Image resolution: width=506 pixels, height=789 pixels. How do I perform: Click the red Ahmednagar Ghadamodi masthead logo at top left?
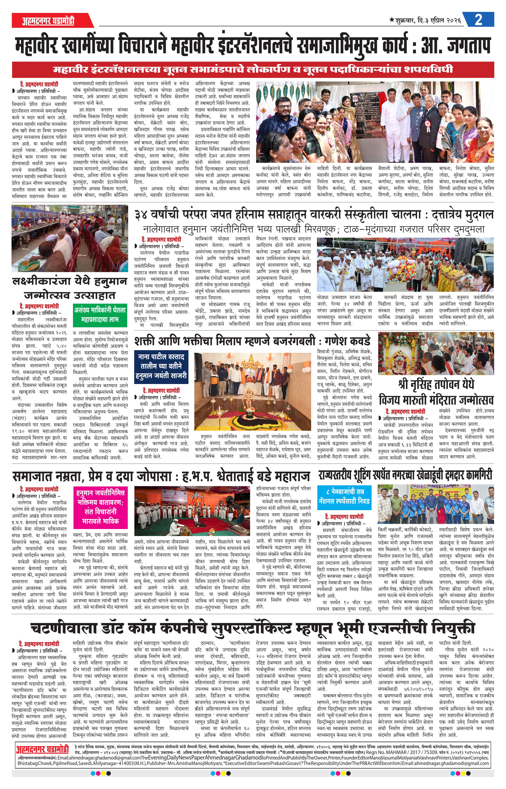click(49, 21)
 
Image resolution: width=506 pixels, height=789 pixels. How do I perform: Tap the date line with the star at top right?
click(425, 20)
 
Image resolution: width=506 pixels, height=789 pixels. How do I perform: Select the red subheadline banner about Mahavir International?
click(253, 69)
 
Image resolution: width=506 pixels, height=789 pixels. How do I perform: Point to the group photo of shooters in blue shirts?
click(435, 505)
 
